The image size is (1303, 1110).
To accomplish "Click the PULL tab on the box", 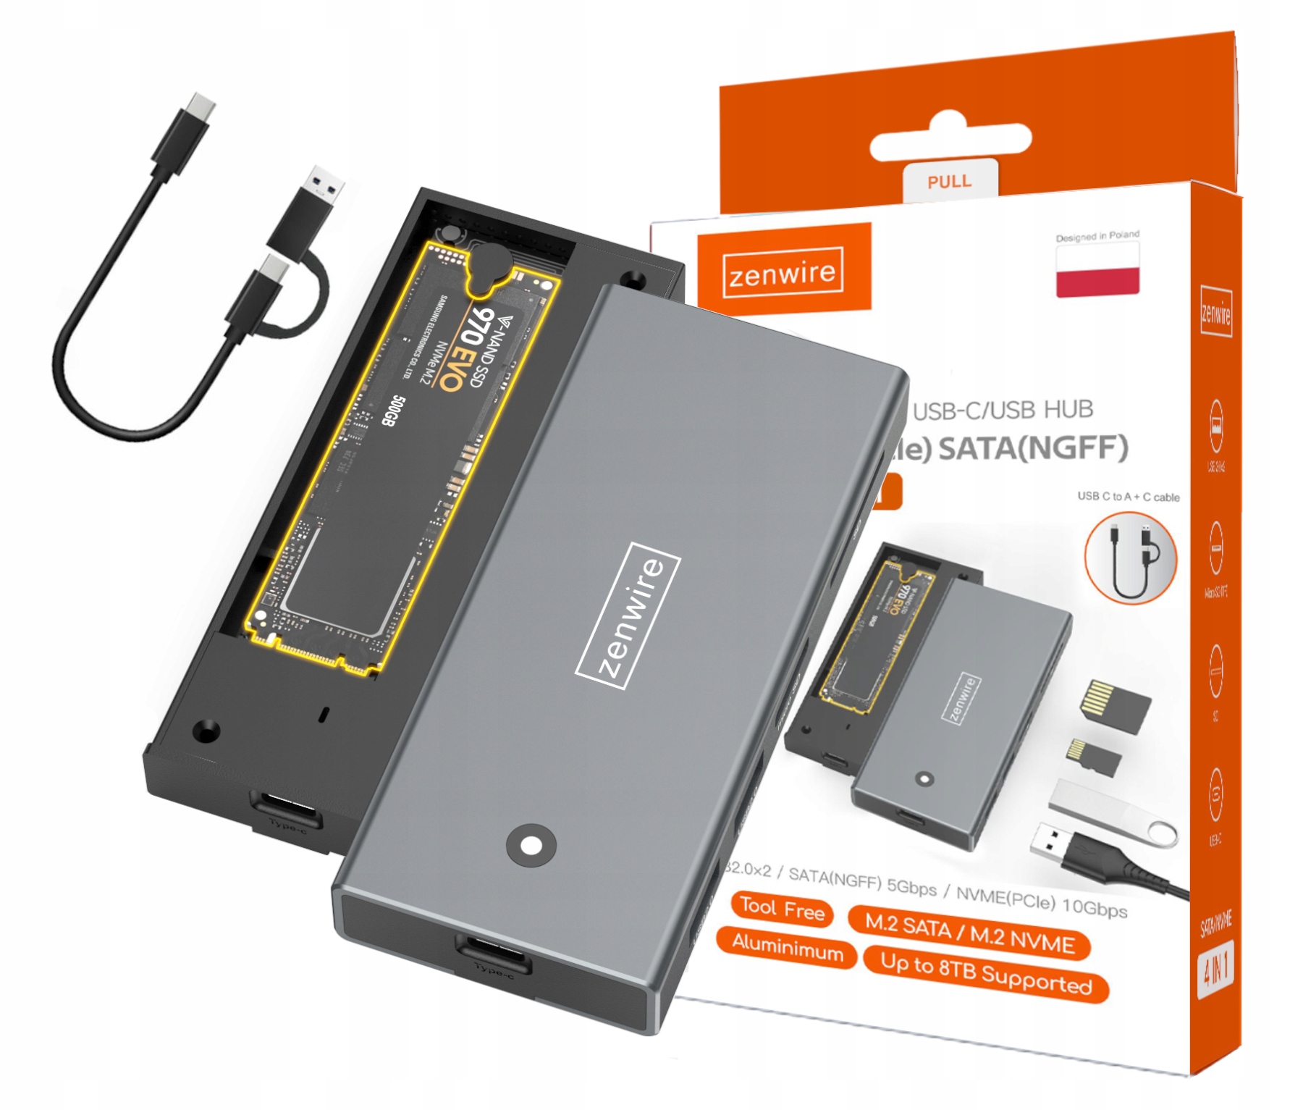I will click(x=950, y=181).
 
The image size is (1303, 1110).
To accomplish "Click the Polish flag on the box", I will click(x=1097, y=270).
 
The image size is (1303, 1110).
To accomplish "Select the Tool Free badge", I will click(x=783, y=909).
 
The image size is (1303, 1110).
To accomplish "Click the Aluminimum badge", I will click(x=787, y=947).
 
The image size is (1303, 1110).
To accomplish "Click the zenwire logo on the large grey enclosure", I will click(x=628, y=615).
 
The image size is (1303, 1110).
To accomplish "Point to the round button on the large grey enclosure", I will click(x=531, y=845).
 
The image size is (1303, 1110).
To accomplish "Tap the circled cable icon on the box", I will click(x=1130, y=558).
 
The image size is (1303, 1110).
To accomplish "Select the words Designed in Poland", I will click(x=1097, y=236).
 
